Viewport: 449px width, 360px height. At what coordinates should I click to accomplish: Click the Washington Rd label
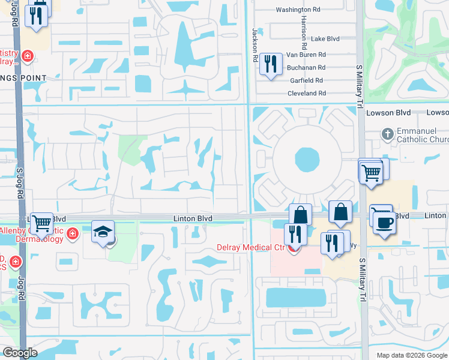(298, 10)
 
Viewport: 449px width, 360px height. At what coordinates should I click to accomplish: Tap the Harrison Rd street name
(304, 33)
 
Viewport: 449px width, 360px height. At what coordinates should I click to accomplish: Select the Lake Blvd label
(325, 39)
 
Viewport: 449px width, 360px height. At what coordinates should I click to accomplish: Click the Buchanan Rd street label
(306, 68)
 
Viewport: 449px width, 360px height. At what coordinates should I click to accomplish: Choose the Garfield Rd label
(307, 80)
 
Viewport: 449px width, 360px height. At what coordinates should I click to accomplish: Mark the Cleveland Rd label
(306, 94)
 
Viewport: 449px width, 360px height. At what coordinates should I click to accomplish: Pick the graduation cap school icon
(103, 231)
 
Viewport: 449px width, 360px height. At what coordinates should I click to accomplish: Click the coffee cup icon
(384, 223)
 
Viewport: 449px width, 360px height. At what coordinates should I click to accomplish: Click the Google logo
(20, 353)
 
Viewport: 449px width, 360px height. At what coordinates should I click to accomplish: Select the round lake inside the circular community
(307, 160)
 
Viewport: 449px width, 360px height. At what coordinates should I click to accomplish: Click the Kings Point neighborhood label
(23, 78)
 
